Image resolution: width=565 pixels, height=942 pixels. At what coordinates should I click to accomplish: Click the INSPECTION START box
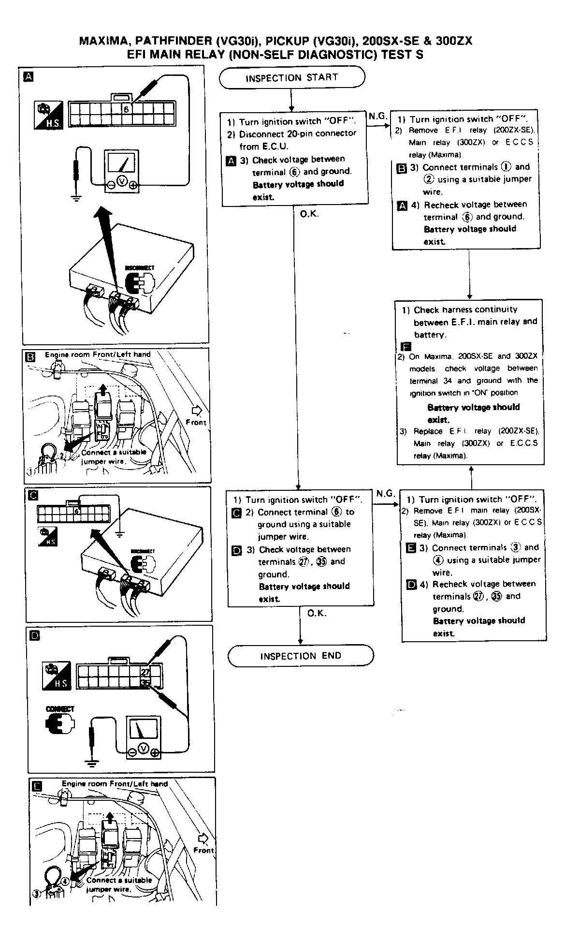coord(292,78)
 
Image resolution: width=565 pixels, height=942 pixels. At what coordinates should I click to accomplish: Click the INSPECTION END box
coord(301,656)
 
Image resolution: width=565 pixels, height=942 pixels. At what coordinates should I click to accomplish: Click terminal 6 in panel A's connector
coord(126,109)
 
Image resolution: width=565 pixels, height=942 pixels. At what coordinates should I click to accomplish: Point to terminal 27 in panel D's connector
coord(146,672)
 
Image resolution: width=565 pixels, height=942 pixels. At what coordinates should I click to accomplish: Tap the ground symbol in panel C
coord(120,534)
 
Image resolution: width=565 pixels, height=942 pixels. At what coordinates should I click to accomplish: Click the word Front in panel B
coord(196,422)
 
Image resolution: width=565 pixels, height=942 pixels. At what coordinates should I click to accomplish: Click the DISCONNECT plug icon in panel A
coord(139,281)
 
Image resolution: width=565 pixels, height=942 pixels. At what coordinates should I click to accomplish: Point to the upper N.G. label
coord(377,116)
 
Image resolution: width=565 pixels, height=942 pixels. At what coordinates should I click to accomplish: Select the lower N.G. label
coord(385,493)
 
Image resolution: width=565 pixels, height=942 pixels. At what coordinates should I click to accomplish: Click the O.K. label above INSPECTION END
coord(317,613)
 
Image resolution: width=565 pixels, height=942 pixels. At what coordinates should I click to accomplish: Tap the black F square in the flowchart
coord(406,346)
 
